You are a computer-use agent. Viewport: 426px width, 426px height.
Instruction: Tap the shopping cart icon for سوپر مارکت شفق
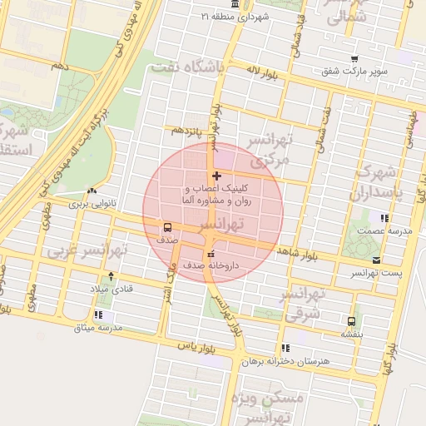355,59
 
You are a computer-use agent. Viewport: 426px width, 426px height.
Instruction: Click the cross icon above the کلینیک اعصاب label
217,176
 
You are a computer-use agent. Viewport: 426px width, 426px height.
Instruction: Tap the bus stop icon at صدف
168,226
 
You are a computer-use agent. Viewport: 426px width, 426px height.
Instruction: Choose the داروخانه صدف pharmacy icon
210,254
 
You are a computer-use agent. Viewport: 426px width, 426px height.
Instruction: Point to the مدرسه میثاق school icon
99,315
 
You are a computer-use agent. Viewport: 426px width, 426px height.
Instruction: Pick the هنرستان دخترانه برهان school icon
286,349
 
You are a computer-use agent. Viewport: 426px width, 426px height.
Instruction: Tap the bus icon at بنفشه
350,321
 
